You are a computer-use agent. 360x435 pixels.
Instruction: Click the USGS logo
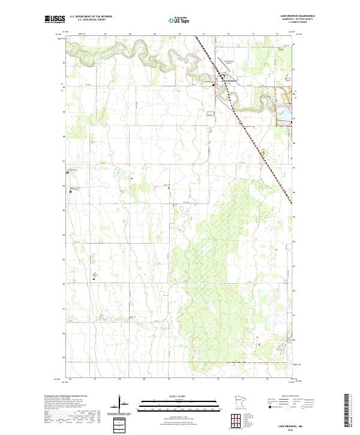pos(55,19)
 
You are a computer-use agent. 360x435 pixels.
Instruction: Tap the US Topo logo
pos(173,20)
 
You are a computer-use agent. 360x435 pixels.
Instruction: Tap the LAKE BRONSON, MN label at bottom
pos(299,424)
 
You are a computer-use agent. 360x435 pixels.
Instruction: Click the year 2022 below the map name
pos(299,428)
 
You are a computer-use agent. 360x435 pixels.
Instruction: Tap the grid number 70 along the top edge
pos(179,35)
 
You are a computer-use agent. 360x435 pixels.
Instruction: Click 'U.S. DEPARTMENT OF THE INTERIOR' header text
pos(90,16)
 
